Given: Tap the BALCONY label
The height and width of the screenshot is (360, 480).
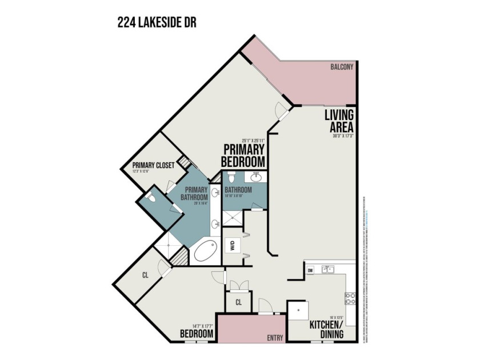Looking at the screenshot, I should pyautogui.click(x=342, y=67).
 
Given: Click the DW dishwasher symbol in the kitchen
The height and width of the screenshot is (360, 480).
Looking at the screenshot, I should pyautogui.click(x=310, y=270).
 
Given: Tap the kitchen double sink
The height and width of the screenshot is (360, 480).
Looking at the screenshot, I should pyautogui.click(x=327, y=269).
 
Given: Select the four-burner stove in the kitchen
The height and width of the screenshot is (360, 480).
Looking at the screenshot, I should pyautogui.click(x=349, y=298).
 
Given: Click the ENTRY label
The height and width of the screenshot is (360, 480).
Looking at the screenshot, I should pyautogui.click(x=275, y=338).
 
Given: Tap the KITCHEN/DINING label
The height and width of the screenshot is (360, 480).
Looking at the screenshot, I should pyautogui.click(x=326, y=329).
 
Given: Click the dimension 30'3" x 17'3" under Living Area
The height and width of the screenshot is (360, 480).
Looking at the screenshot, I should pyautogui.click(x=343, y=137).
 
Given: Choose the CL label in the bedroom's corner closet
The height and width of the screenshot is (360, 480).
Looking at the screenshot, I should pyautogui.click(x=146, y=274).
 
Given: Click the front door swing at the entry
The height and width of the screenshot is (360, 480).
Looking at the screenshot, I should pyautogui.click(x=265, y=306).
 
